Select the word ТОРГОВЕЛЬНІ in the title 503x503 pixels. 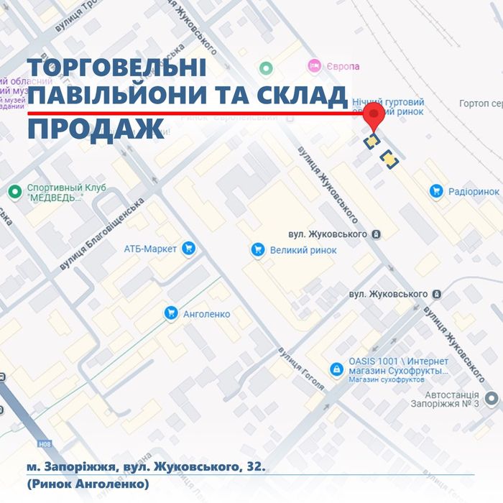(x=117, y=68)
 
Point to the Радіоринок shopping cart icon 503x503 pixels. (x=435, y=191)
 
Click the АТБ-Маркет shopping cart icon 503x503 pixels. (x=189, y=249)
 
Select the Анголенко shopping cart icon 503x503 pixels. (x=171, y=313)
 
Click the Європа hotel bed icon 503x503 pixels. (x=313, y=66)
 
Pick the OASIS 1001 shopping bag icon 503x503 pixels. (x=336, y=369)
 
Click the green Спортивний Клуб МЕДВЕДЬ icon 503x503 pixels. (x=14, y=192)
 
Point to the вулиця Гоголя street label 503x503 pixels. (x=302, y=369)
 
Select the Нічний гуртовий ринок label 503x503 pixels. (x=392, y=107)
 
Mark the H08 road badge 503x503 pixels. (x=46, y=445)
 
